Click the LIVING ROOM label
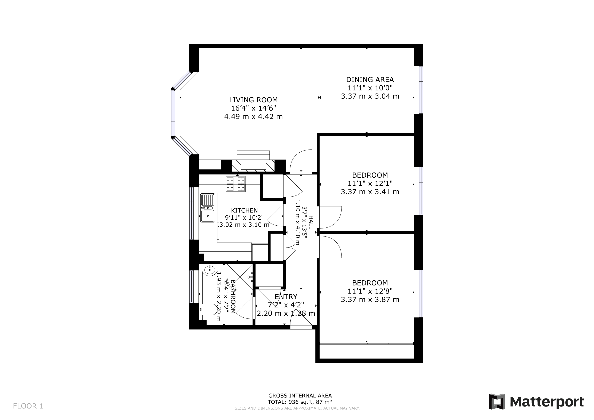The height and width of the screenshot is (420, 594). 253,100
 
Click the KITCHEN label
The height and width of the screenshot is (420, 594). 244,211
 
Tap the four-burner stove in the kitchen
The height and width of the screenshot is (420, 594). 236,184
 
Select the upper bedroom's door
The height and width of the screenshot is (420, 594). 330,217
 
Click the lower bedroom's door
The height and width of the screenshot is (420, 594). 330,247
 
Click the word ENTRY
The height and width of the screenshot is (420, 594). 286,297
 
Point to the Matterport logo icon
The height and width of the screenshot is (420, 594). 497,402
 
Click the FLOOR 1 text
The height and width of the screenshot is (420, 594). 28,406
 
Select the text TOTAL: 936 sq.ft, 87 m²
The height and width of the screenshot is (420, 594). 300,402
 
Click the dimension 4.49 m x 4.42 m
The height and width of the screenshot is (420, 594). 253,117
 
